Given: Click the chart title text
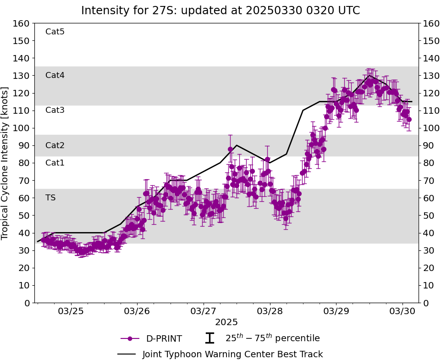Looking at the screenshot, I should [220, 11].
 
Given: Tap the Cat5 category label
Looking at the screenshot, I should [55, 32].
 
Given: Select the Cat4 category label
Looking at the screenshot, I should [55, 75].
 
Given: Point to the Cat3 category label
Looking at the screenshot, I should [55, 110].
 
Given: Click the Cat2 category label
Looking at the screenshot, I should [55, 145].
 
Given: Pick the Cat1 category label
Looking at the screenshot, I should [55, 163].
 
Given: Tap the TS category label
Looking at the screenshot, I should [50, 198].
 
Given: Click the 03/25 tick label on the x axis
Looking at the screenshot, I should [71, 311].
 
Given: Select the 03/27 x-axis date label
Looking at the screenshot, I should [204, 311].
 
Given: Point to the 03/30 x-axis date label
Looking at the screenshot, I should [402, 311].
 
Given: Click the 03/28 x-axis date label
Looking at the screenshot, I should [270, 311].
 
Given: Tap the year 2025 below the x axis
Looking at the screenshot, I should [226, 322].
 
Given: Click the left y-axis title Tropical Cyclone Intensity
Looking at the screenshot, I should [6, 163].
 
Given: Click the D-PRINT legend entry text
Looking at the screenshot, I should [164, 339].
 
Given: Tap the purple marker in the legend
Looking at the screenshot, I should [130, 338].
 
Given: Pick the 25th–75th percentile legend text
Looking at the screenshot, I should [272, 338].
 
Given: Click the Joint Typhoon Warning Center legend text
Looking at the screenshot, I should [232, 354].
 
